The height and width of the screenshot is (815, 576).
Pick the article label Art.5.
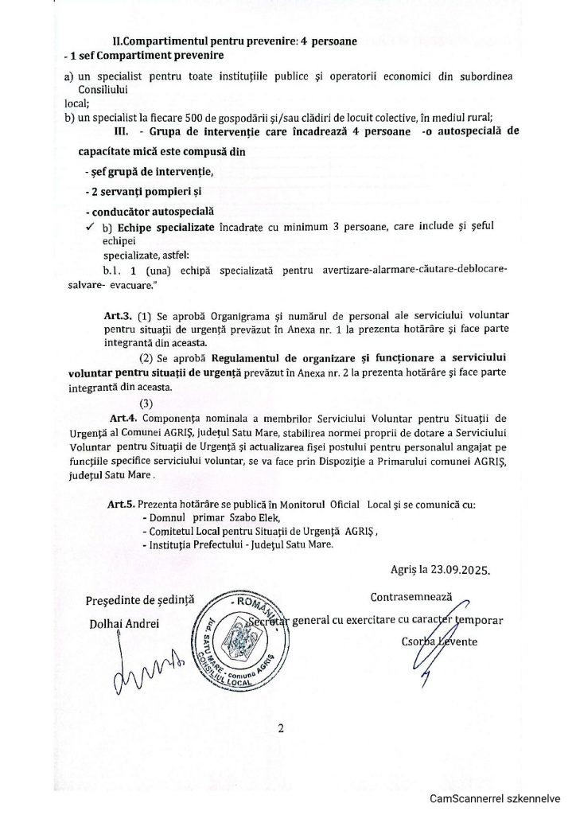tap(119, 505)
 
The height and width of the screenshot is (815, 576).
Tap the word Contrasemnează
tap(411, 596)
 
